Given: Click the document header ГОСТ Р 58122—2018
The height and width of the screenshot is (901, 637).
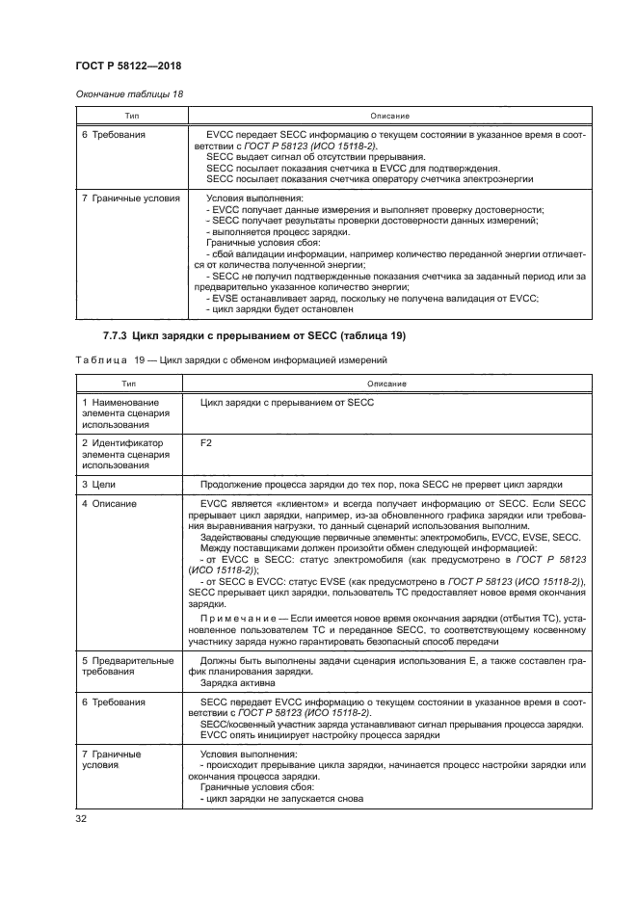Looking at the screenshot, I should [128, 65].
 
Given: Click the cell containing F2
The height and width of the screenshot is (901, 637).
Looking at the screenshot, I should [205, 443].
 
